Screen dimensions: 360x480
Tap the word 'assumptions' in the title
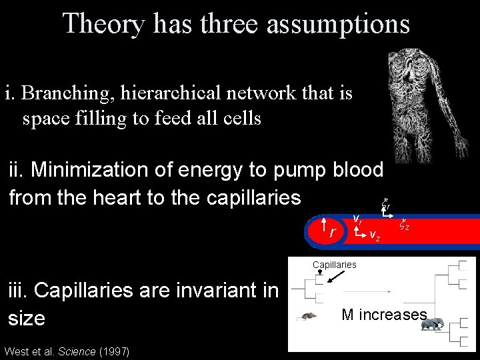(x=338, y=24)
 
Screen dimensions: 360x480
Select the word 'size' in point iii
(x=27, y=318)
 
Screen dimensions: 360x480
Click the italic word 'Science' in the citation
(x=77, y=351)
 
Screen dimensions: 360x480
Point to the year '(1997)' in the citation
(x=114, y=351)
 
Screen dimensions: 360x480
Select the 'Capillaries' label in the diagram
(x=335, y=265)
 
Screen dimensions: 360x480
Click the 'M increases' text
(x=383, y=315)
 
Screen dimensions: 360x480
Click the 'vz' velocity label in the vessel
(x=375, y=237)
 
